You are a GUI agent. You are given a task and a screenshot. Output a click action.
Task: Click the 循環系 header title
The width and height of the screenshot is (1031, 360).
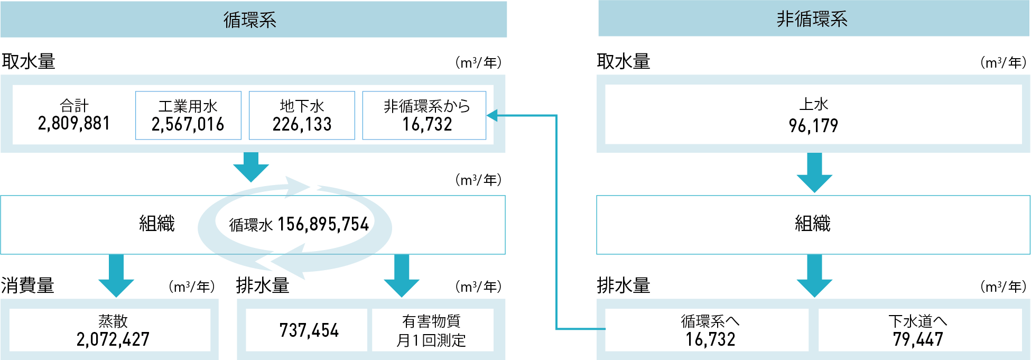tap(250, 20)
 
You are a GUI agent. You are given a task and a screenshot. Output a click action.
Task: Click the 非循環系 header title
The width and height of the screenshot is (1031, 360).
tap(812, 19)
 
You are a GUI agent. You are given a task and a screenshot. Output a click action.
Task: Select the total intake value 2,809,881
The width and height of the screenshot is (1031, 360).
tap(74, 124)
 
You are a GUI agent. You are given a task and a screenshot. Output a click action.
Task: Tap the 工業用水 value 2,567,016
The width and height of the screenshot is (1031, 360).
tap(188, 125)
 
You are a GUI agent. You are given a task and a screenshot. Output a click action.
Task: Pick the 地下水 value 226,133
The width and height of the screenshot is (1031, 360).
tap(302, 125)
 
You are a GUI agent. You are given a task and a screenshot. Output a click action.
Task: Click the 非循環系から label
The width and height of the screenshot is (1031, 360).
tap(426, 106)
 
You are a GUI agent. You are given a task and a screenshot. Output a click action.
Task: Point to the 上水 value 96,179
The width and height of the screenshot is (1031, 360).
tap(813, 126)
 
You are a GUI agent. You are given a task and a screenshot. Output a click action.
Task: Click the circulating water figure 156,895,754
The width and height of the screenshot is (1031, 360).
tap(323, 225)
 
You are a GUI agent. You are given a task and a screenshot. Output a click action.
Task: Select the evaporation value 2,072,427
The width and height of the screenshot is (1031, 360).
tap(113, 339)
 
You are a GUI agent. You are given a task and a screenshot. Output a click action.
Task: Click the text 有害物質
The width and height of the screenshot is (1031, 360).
tap(431, 321)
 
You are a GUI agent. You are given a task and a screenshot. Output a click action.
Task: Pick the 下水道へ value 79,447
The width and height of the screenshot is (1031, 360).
tap(918, 339)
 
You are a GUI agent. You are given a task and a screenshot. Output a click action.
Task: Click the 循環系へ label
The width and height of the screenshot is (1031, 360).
tap(710, 321)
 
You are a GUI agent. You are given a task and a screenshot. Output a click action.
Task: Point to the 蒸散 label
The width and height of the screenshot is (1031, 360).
tap(113, 321)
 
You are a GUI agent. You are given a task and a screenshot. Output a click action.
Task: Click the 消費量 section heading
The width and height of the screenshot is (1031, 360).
tap(27, 285)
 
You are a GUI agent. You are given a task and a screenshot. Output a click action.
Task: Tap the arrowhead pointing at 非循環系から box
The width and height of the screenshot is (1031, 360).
tap(492, 115)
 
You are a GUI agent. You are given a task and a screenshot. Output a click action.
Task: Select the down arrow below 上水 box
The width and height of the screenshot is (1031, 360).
tap(814, 173)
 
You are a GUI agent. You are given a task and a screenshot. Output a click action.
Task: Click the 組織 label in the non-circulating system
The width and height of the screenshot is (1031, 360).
tap(813, 224)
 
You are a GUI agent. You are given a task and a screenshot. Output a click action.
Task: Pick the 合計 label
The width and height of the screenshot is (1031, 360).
tap(74, 105)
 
